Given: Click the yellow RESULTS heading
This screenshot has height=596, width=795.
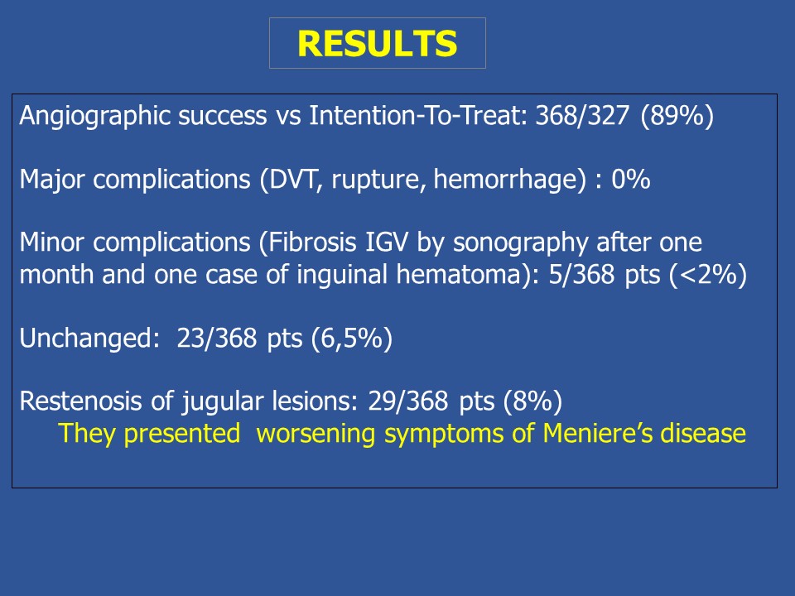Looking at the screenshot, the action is tap(378, 44).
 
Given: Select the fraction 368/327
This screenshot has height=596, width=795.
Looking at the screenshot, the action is tap(582, 116).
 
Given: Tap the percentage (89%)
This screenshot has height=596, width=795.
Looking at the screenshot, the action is tap(677, 117).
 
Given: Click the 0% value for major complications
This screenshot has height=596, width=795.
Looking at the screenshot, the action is tap(631, 180).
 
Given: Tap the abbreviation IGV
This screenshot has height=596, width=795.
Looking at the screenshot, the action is tap(387, 243).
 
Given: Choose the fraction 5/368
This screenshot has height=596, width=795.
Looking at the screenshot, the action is tap(581, 275).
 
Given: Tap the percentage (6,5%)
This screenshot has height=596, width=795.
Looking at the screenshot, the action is tap(352, 339).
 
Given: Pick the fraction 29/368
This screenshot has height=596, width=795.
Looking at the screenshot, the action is tap(408, 401).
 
